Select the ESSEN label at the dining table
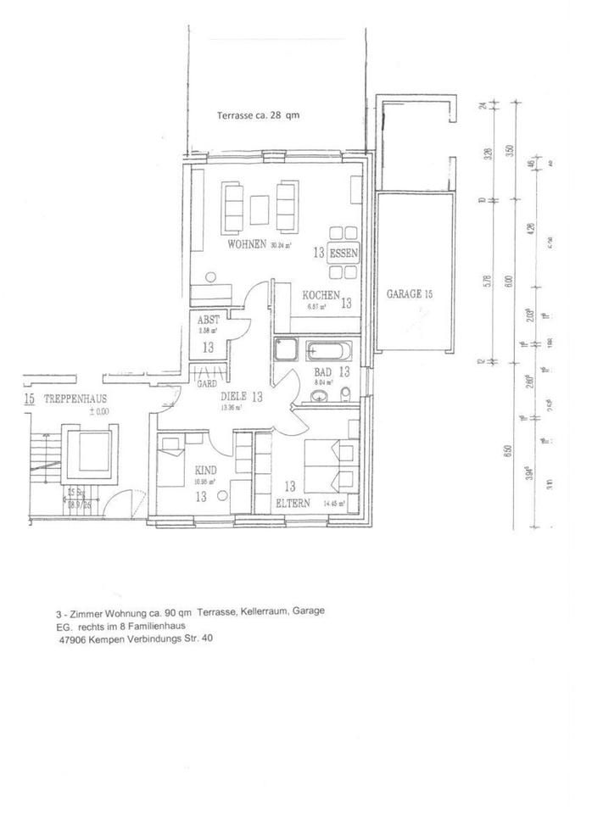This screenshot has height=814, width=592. pyautogui.click(x=344, y=253)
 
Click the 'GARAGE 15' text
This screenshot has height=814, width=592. pyautogui.click(x=410, y=294)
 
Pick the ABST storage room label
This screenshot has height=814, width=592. pyautogui.click(x=209, y=321)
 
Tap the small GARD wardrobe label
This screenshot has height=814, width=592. pyautogui.click(x=206, y=383)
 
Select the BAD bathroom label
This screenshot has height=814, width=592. pyautogui.click(x=323, y=372)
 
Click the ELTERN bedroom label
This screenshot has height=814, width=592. pyautogui.click(x=293, y=503)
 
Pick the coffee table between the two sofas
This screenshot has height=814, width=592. pyautogui.click(x=260, y=207)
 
